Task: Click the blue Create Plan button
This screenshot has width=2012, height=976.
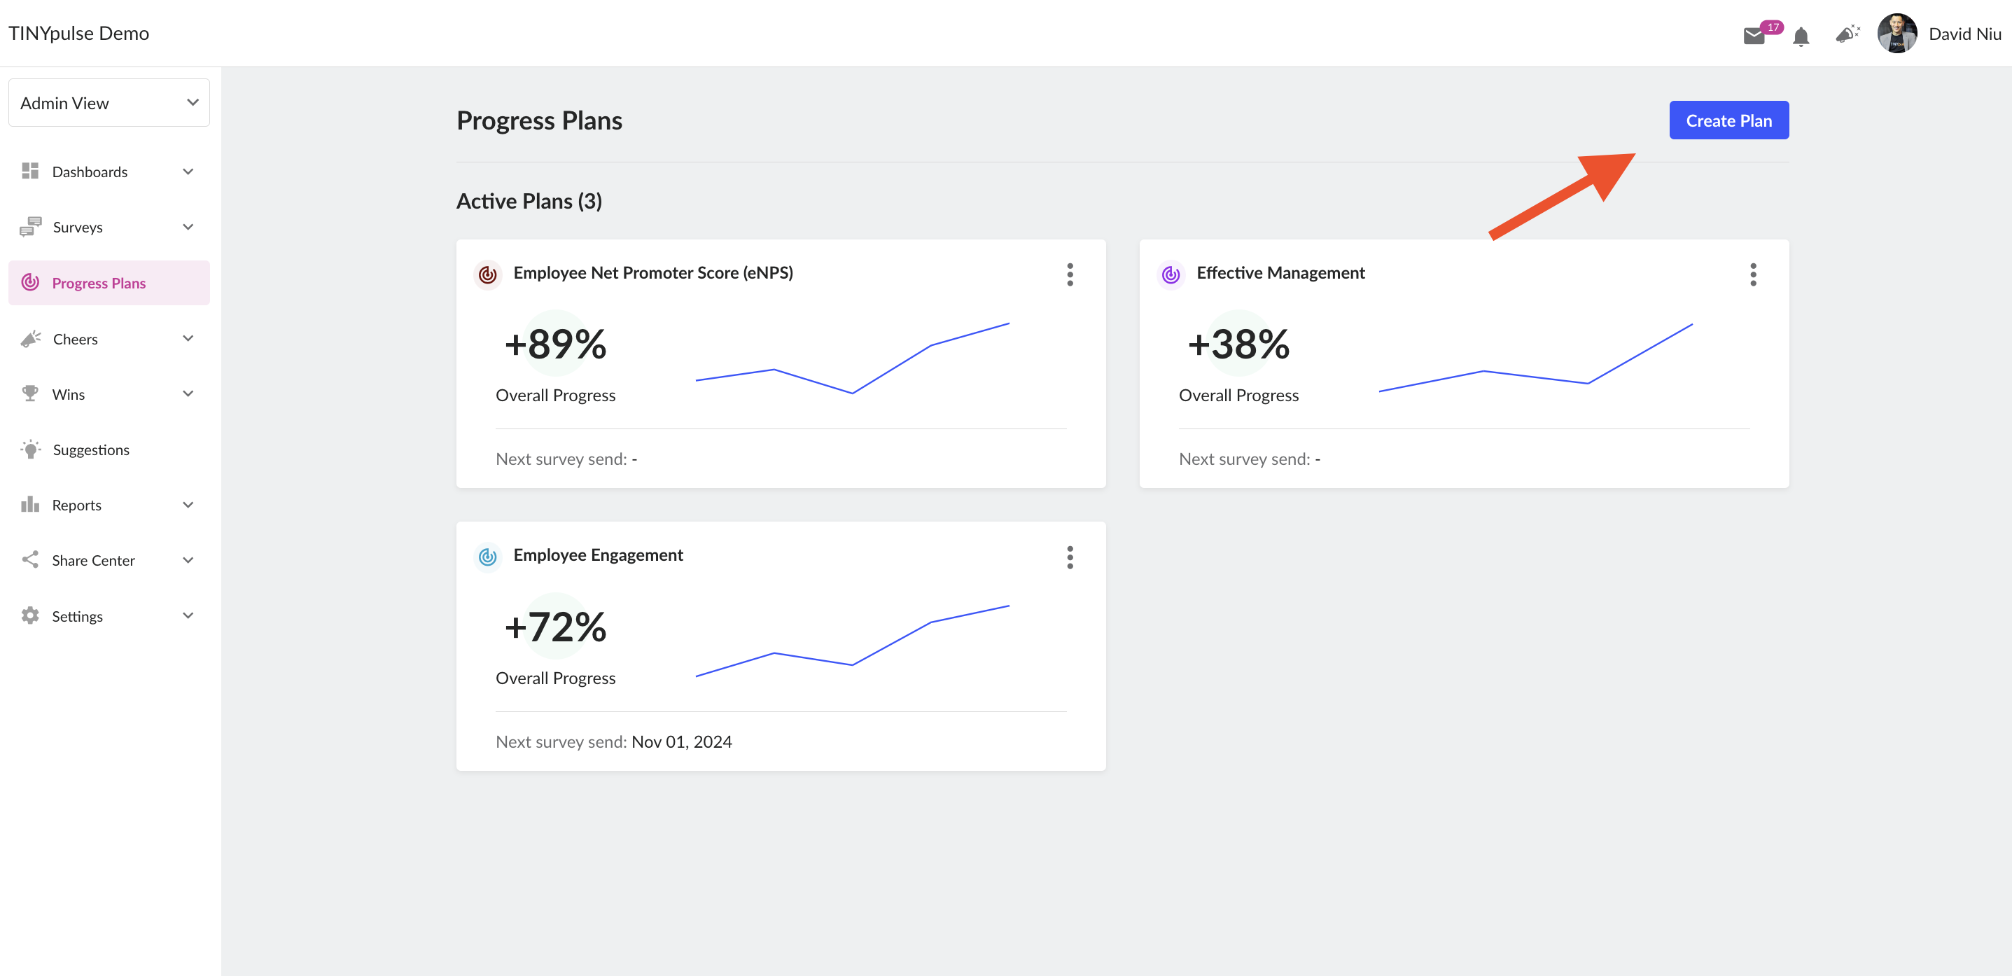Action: tap(1728, 120)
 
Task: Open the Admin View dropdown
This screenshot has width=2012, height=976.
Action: tap(109, 102)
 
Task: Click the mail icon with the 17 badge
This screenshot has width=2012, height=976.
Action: tap(1754, 35)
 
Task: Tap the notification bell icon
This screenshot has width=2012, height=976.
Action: tap(1801, 36)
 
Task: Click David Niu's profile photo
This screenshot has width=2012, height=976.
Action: tap(1897, 34)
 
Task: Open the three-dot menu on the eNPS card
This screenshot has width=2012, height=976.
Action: tap(1070, 274)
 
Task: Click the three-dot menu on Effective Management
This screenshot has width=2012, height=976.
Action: tap(1754, 274)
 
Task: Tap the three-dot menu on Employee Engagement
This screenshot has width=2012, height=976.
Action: tap(1070, 557)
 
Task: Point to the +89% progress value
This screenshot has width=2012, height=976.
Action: tap(555, 344)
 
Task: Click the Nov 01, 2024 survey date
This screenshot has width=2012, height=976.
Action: tap(682, 741)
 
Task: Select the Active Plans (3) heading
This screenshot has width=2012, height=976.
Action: tap(529, 201)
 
